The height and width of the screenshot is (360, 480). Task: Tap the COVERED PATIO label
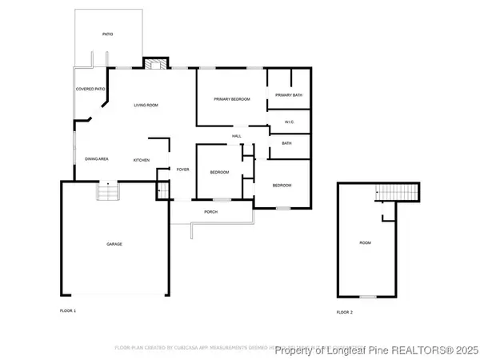(90, 89)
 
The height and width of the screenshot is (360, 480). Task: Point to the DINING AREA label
(97, 159)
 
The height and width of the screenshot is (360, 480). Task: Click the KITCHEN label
(142, 160)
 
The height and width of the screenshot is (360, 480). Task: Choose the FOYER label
(182, 170)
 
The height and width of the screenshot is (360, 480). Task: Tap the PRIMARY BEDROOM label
(231, 98)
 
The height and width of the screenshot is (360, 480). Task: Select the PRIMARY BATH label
(288, 96)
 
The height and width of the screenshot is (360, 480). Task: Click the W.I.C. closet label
(290, 122)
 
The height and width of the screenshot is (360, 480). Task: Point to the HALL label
(237, 136)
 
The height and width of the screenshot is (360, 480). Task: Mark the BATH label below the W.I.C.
(286, 143)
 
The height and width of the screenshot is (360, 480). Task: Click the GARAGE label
(114, 243)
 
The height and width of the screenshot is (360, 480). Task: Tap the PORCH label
(211, 212)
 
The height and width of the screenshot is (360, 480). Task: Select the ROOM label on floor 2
(365, 242)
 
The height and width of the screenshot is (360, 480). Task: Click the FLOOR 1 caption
(68, 310)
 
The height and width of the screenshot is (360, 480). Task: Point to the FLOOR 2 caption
(344, 311)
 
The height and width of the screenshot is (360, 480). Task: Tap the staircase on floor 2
(398, 192)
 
